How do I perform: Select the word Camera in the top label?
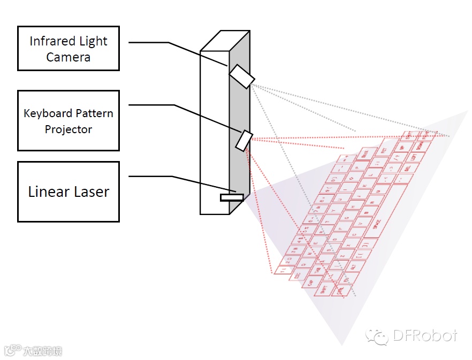pos(68,57)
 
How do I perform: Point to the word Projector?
pos(68,129)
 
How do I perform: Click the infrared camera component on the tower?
pos(241,76)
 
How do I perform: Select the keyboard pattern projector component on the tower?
pos(243,140)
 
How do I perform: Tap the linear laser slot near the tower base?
pos(232,197)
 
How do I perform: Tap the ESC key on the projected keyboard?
pos(298,274)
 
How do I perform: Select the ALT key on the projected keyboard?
pos(353,266)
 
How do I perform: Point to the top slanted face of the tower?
pos(225,41)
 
